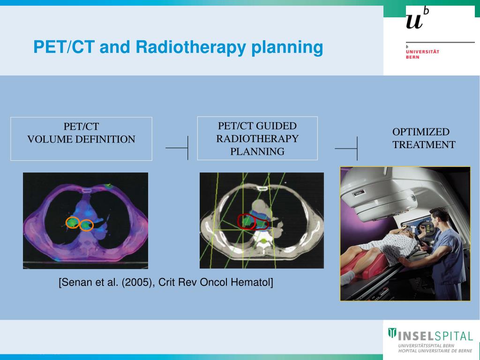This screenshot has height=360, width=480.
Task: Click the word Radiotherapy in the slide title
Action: click(x=190, y=47)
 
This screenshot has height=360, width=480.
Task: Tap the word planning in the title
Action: click(x=287, y=47)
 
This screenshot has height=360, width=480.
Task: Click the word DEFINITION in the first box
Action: click(x=105, y=139)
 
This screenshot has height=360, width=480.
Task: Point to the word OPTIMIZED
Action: click(x=421, y=132)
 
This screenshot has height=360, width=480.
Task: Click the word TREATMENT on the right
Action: click(x=424, y=144)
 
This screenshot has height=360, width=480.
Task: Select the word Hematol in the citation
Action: click(x=252, y=282)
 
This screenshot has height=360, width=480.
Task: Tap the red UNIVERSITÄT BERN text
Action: click(x=422, y=54)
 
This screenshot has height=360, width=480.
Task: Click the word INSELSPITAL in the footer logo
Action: click(x=435, y=337)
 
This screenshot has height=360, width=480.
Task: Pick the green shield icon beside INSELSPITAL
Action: click(x=392, y=333)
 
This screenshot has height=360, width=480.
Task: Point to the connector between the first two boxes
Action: click(x=177, y=148)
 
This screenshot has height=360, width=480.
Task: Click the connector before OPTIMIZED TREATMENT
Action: click(x=346, y=149)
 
